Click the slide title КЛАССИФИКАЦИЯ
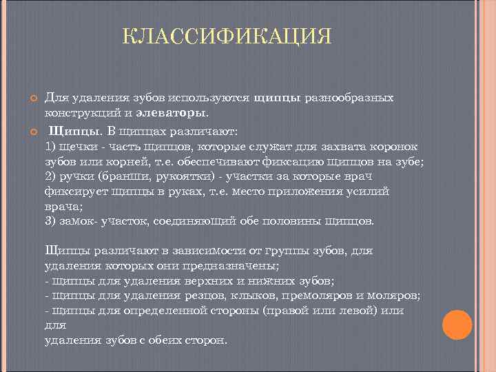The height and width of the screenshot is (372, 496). pyautogui.click(x=227, y=36)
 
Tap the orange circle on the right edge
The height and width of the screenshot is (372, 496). pyautogui.click(x=457, y=324)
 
